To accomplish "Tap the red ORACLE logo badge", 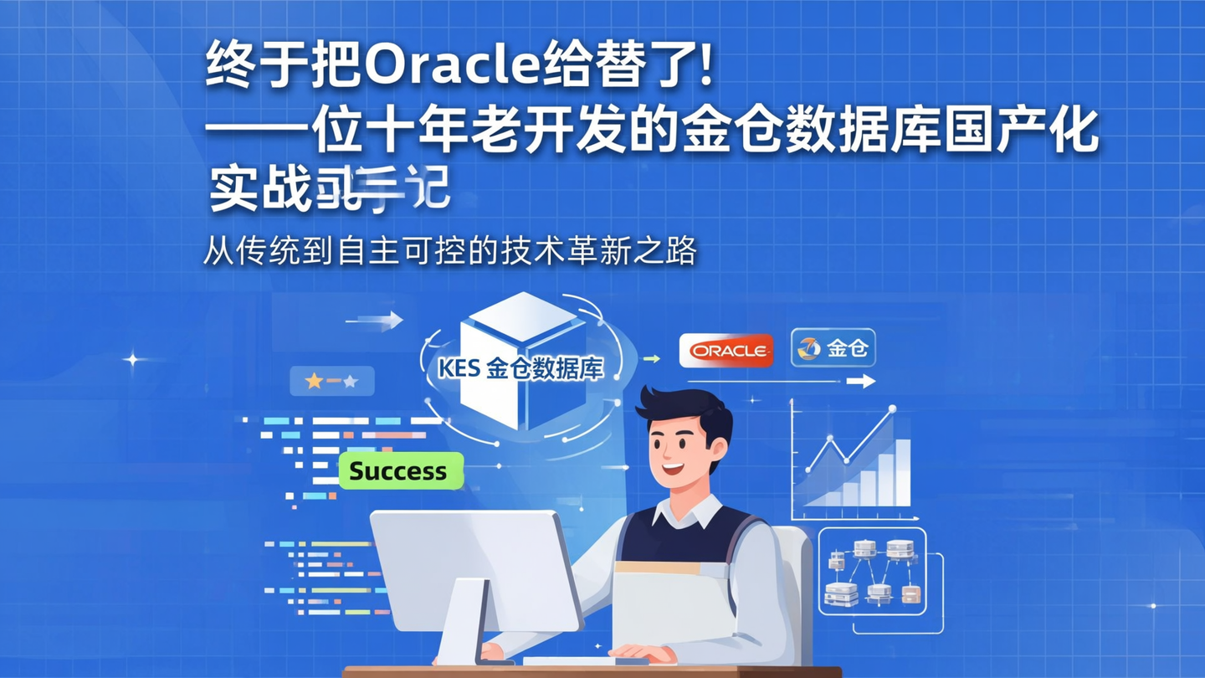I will click(726, 351).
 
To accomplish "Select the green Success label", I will click(400, 471).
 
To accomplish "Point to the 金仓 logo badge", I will click(833, 348).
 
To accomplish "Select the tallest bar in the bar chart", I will click(902, 472).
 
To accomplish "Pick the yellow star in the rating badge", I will click(314, 382).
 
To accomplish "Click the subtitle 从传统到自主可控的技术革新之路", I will click(450, 251).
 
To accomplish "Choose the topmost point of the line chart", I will click(891, 409).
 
